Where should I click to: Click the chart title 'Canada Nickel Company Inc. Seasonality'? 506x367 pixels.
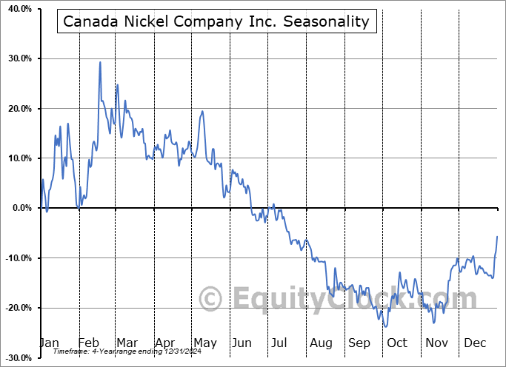coord(216,21)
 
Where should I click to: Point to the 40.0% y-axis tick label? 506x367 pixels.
coord(18,8)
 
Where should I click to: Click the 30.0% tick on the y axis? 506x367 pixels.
coord(18,58)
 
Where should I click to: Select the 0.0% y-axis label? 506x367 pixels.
coord(20,208)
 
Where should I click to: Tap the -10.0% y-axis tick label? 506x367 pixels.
coord(17,257)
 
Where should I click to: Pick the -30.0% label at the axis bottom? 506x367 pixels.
coord(17,357)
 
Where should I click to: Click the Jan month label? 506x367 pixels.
coord(50,343)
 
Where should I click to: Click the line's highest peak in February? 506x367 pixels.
coord(100,62)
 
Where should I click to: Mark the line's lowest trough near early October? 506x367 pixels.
coord(385,326)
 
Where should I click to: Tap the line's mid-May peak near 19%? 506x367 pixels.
coord(202,112)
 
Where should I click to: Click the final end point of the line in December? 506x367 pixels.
coord(497,236)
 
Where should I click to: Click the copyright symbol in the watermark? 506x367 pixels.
coord(211,300)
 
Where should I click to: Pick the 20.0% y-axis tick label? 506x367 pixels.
coord(18,108)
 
